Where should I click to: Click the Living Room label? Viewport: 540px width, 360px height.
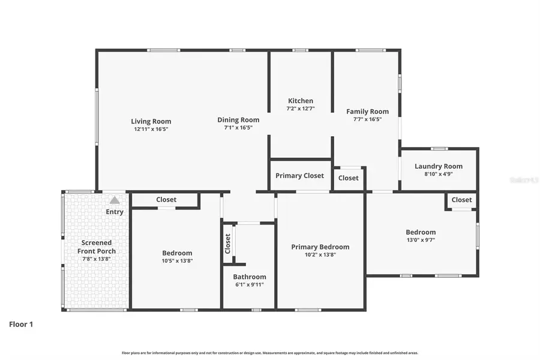point(151,121)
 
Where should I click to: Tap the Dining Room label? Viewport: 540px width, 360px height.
point(238,120)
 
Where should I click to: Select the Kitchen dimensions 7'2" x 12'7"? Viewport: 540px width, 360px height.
point(301,109)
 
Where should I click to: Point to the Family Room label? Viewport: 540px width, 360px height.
point(367,111)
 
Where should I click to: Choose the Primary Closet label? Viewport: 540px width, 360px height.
point(299,176)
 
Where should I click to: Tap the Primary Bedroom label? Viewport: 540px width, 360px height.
point(320,247)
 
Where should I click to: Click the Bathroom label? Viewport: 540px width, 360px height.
point(249,277)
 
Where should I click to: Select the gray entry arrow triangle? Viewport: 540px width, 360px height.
point(115,200)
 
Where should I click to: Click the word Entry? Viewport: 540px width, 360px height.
point(115,212)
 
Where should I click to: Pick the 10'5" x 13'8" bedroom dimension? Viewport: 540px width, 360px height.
point(177,260)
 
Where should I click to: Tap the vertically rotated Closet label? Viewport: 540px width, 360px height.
point(227,243)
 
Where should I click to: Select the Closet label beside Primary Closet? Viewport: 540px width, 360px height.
point(348,178)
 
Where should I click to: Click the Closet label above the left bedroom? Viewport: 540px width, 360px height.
point(166,200)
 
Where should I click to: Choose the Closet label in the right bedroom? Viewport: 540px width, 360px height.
point(461,200)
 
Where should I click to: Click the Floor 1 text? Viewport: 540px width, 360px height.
point(21,324)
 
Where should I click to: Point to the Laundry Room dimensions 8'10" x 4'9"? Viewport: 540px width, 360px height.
point(438,174)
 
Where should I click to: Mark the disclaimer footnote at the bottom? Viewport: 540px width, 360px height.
point(270,353)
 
